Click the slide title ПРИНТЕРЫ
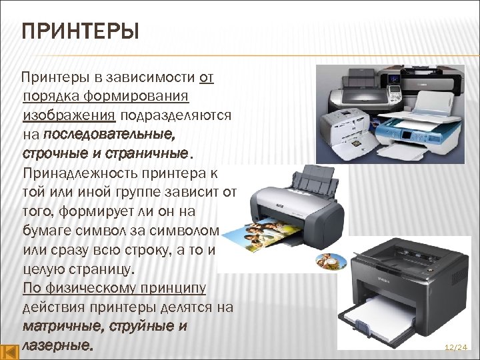(x=80, y=32)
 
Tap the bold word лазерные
(x=57, y=346)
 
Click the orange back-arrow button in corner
(x=9, y=351)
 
